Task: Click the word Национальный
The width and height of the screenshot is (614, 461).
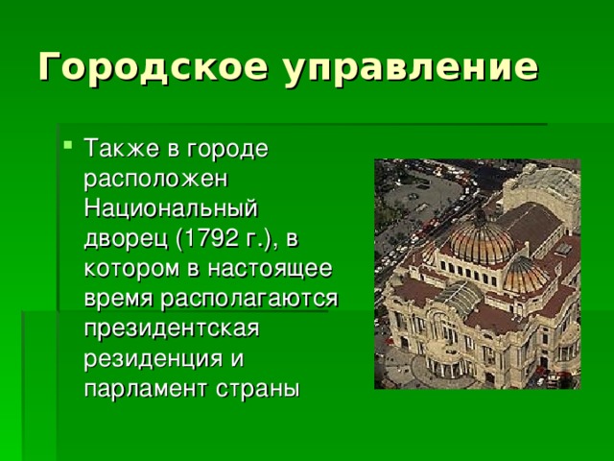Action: tap(173, 207)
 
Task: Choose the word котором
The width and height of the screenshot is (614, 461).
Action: tap(128, 265)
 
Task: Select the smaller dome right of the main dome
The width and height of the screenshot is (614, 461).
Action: tap(527, 274)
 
